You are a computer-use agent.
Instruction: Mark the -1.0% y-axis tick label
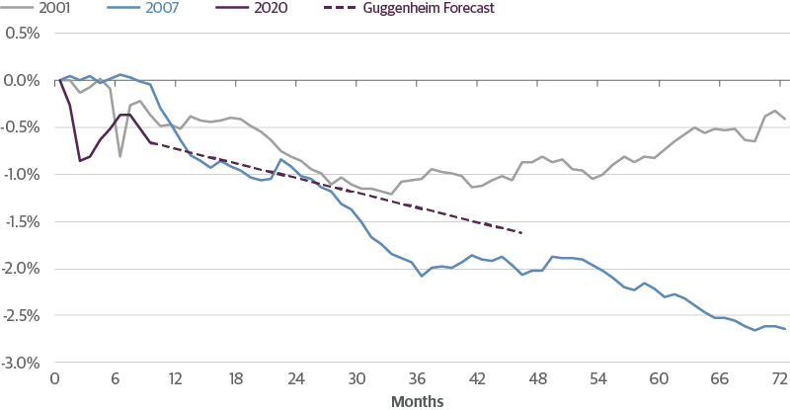pos(22,174)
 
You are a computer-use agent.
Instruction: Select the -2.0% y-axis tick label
pos(22,269)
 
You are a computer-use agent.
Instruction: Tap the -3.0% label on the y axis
pos(22,363)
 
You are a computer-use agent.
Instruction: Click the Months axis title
pos(418,401)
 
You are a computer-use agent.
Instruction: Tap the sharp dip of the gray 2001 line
pos(119,155)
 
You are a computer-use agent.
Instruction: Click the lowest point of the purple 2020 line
pos(80,160)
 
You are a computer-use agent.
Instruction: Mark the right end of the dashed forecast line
pos(522,233)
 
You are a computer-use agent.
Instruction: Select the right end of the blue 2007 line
pos(785,328)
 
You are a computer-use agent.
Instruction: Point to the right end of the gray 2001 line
pos(785,120)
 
